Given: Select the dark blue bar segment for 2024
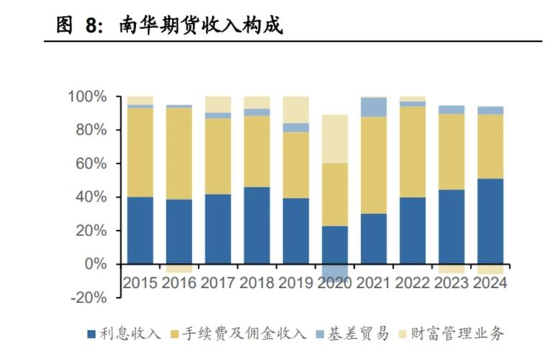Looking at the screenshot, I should (490, 221).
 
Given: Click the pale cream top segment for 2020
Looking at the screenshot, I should (335, 138).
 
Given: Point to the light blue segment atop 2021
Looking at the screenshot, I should (373, 107).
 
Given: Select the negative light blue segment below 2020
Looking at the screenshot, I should (335, 271).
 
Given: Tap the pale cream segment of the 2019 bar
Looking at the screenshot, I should (296, 109).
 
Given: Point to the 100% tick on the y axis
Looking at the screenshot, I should (87, 96).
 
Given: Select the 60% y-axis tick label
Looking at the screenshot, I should (91, 163).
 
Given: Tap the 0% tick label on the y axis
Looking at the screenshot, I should (94, 264).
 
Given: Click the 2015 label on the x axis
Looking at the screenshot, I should (140, 283).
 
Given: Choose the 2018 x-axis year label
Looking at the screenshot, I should (257, 283).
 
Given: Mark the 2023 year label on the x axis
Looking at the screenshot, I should (451, 283).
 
